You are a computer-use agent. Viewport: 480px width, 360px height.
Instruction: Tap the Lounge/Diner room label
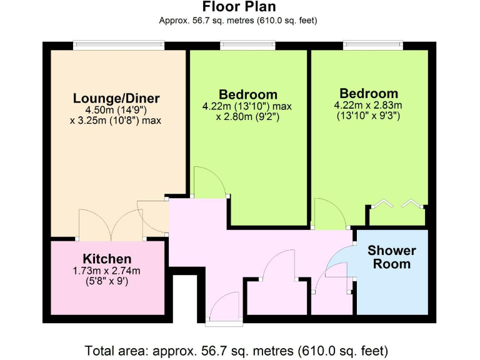pos(116,98)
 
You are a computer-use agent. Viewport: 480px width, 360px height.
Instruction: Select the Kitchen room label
pos(107,259)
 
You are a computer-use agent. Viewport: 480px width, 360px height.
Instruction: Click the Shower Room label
pos(392,257)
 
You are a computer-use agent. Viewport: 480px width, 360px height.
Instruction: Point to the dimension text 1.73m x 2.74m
pos(107,271)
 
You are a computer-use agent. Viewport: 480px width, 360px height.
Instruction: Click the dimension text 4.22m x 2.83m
pos(367,105)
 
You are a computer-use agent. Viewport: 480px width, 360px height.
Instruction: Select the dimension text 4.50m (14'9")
pos(116,109)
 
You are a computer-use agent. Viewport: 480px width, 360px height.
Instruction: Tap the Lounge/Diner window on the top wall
pos(119,44)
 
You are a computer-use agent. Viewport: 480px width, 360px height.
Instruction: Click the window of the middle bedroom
pos(249,44)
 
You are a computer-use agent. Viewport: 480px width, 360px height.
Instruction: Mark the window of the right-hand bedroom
pos(372,44)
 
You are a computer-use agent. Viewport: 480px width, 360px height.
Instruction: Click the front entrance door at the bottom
pos(224,312)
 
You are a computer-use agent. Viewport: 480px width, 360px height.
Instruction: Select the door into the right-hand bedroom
pos(329,214)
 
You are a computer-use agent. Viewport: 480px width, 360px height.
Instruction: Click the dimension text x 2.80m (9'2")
pos(247,116)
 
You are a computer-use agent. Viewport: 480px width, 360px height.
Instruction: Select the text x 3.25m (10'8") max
pos(116,120)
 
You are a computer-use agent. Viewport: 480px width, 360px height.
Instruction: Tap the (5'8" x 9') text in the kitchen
pos(107,281)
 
